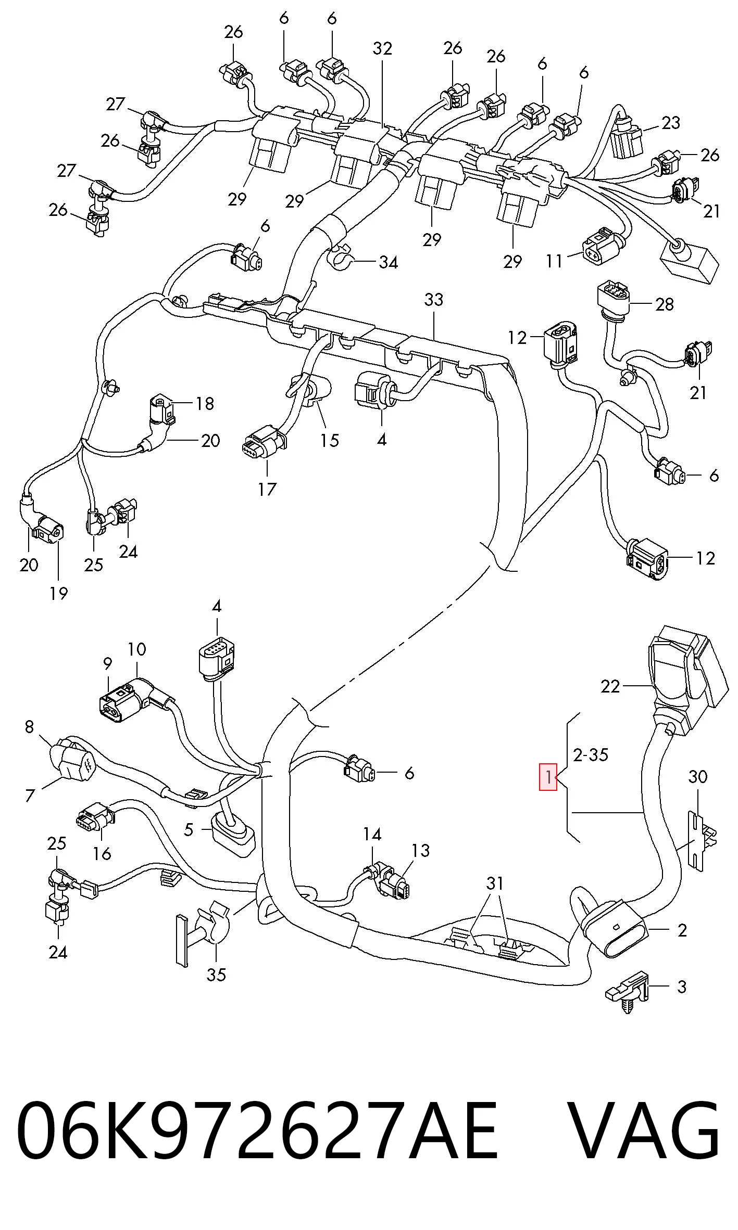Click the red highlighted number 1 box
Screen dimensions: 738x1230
click(x=548, y=777)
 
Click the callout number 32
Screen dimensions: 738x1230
click(x=382, y=48)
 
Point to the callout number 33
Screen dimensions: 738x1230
click(x=433, y=300)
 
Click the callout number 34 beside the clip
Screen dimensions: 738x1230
click(x=388, y=262)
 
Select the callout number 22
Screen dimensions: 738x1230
click(x=610, y=687)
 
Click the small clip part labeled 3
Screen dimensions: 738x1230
click(x=629, y=991)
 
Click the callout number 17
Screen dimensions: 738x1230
click(x=267, y=489)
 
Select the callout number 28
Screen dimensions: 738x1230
click(x=665, y=304)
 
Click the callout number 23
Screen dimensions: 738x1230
click(x=671, y=123)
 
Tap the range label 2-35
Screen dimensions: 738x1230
click(x=591, y=754)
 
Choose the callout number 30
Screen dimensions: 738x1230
click(x=698, y=777)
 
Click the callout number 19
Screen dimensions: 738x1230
click(x=59, y=593)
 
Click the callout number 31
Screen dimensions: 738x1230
click(x=495, y=883)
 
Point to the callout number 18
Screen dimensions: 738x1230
click(x=205, y=403)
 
